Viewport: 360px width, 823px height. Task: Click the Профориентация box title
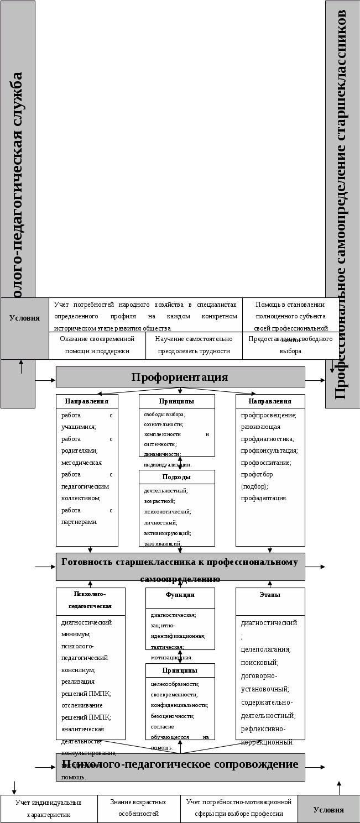[180, 378]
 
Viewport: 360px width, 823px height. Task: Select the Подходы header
[176, 477]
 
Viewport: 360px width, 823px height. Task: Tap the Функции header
[180, 595]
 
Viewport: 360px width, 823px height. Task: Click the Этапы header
[270, 595]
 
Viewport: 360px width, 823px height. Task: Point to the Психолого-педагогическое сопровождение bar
[180, 764]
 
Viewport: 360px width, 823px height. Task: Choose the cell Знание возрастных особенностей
[138, 808]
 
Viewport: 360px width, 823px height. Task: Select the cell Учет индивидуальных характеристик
[49, 808]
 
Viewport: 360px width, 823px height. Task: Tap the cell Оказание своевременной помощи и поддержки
[97, 345]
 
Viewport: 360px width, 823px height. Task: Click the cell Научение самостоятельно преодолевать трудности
[194, 345]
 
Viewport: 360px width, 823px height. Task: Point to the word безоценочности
[171, 716]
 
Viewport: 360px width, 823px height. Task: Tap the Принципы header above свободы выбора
[176, 401]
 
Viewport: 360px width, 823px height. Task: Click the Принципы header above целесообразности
[180, 670]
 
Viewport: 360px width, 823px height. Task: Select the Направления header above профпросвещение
[270, 401]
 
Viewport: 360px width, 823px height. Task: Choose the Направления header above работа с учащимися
[87, 401]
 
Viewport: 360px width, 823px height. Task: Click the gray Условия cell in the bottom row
[328, 810]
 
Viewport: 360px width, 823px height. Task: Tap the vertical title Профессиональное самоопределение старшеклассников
[341, 205]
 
